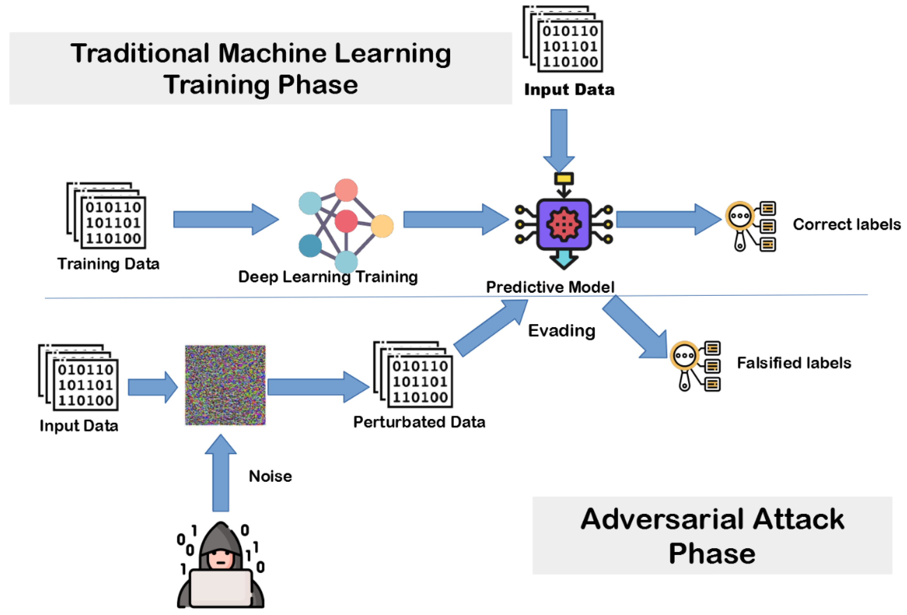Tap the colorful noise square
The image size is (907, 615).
click(225, 385)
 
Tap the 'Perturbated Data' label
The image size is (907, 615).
click(419, 422)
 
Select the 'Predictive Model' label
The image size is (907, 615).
click(550, 287)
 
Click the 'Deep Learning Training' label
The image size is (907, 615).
click(328, 276)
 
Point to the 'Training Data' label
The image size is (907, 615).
click(108, 264)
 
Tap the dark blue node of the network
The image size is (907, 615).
click(310, 246)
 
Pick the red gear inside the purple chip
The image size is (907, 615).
click(564, 224)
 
